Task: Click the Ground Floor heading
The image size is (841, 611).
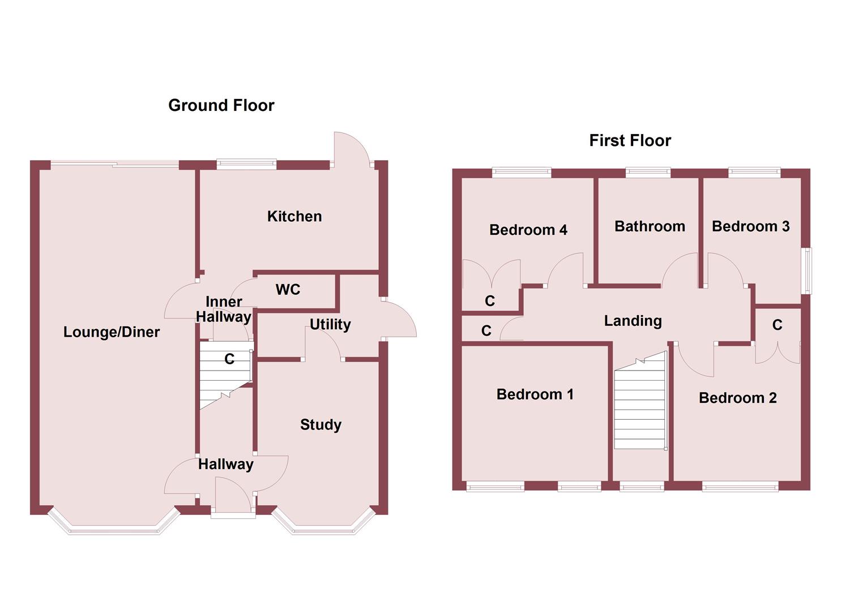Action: tap(221, 105)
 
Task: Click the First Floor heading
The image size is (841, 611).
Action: tap(630, 140)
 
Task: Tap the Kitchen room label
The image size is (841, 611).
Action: tap(294, 216)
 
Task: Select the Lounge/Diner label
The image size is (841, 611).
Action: tap(112, 332)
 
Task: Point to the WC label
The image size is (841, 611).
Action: tap(288, 290)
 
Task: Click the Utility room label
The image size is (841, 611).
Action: tap(330, 324)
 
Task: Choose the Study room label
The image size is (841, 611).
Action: tap(321, 424)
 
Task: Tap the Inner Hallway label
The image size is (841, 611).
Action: tap(224, 309)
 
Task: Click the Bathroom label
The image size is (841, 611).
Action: tap(650, 226)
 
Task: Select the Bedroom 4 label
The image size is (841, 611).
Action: tap(528, 230)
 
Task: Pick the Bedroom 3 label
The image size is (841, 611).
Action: tap(750, 226)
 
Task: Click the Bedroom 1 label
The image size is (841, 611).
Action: tap(535, 394)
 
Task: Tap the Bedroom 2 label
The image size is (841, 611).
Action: tap(737, 398)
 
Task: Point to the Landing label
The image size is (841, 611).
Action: tap(633, 321)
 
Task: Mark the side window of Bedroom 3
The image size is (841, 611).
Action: tap(806, 270)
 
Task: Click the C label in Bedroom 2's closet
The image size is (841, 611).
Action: tap(777, 325)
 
